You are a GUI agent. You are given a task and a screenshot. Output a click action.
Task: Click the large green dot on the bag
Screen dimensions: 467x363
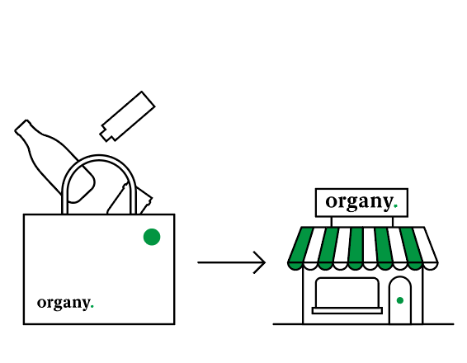152,237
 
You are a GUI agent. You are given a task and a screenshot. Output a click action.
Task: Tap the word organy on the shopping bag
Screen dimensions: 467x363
64,303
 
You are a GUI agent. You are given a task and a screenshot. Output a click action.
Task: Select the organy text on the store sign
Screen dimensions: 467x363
360,202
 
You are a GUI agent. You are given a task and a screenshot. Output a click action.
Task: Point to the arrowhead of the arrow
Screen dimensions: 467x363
259,262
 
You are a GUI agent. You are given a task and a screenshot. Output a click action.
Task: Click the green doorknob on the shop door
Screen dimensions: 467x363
400,300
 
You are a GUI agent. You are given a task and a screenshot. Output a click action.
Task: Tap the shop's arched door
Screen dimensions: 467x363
400,300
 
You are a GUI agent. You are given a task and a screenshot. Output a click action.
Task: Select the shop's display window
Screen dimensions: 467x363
347,293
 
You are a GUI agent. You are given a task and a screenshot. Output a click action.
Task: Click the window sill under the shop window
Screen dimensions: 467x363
347,310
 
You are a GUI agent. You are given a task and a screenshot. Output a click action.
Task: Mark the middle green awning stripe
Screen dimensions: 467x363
356,248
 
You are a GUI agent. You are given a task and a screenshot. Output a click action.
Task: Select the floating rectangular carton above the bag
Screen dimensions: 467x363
127,116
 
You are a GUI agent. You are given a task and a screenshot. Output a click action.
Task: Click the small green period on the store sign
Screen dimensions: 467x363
395,205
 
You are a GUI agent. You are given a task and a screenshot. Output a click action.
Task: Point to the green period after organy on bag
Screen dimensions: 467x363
92,306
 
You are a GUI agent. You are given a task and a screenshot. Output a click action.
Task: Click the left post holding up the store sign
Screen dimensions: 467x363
332,222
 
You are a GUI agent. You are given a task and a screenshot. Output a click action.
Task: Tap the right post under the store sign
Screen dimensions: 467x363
393,222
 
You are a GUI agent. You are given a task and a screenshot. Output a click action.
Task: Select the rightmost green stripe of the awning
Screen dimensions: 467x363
412,248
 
